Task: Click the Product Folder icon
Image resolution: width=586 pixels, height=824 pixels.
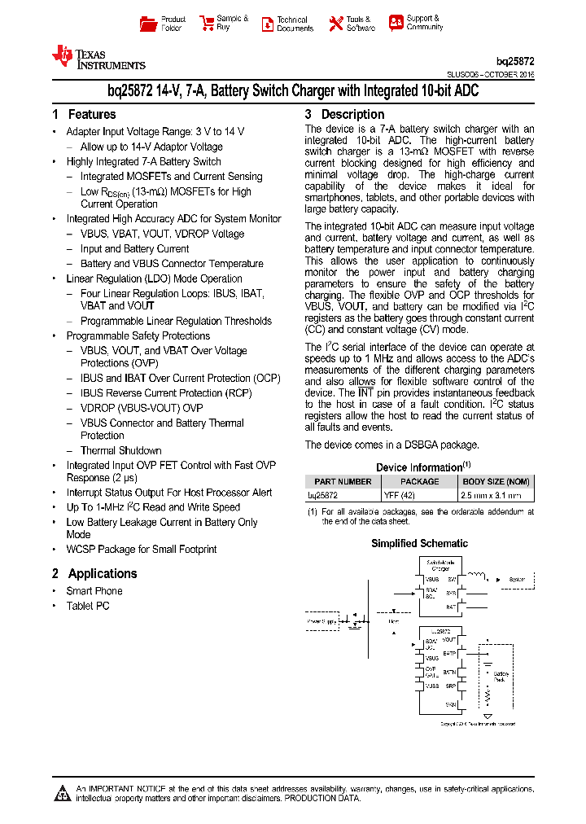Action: (148, 24)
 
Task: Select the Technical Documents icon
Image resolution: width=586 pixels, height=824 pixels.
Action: (267, 24)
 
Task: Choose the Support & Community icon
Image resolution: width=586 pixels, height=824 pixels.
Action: (396, 23)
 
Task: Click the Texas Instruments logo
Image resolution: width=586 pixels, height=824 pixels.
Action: (98, 57)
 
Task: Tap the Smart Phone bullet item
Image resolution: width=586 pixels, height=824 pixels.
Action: (94, 591)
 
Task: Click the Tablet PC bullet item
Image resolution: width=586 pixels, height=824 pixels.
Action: (87, 606)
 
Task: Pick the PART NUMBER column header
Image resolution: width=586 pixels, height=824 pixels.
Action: (343, 481)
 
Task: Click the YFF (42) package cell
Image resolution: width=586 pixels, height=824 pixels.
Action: (400, 494)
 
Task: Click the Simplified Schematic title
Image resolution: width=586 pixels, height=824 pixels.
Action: (419, 543)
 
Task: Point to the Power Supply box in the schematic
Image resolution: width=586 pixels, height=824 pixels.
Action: (322, 621)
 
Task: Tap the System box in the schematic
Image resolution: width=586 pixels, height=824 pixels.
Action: (518, 580)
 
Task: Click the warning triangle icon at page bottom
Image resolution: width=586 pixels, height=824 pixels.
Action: (61, 793)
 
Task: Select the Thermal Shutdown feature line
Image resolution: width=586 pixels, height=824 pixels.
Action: (120, 450)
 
